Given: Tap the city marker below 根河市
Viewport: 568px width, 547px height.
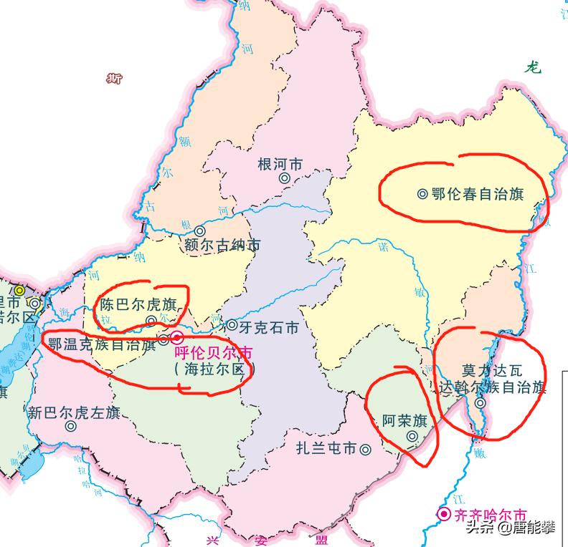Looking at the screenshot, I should [x=285, y=178].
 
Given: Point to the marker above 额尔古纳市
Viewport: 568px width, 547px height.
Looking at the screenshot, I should [x=199, y=231].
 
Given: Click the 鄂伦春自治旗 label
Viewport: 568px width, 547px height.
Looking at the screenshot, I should [x=478, y=193].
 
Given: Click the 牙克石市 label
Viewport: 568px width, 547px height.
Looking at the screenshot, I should [x=268, y=328].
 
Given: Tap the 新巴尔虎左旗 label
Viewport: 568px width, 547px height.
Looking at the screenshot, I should [x=73, y=412].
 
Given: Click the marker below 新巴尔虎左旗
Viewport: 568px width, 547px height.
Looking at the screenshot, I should [x=70, y=426].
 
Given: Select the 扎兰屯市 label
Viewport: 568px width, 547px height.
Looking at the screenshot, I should [x=326, y=450].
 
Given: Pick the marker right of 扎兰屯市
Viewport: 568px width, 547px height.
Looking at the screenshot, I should [x=366, y=450].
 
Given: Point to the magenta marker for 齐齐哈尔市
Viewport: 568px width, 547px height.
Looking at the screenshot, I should [x=445, y=514].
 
